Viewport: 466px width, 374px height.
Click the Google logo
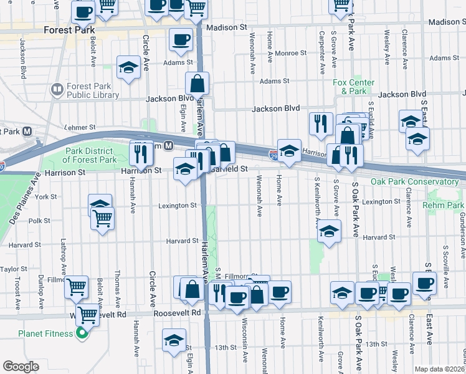pos(21,367)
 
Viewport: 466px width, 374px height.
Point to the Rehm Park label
pos(443,205)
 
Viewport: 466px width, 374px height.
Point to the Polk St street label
pos(39,221)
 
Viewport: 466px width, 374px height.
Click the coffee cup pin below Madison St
pos(181,39)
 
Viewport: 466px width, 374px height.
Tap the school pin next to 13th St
pos(174,340)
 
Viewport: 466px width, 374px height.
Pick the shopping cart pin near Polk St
pos(103,218)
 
